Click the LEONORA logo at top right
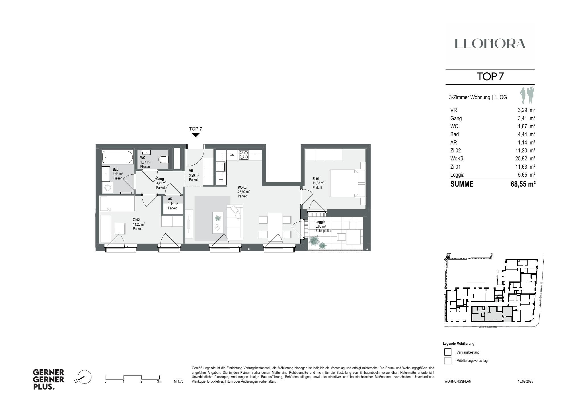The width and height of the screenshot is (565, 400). tap(490, 44)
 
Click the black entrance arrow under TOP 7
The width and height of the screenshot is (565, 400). tap(195, 135)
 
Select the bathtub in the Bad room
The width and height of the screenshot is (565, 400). tap(118, 157)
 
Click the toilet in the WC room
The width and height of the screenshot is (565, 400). tap(163, 159)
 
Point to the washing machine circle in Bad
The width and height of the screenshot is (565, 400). tap(108, 187)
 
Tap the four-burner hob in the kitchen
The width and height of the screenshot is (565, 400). tap(243, 155)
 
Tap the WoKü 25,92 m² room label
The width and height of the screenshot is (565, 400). tap(243, 192)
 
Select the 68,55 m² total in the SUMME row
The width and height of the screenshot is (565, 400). tap(523, 184)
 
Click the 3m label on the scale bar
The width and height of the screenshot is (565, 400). tap(159, 381)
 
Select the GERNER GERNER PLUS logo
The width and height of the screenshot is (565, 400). tap(49, 379)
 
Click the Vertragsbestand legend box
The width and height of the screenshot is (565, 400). tap(448, 352)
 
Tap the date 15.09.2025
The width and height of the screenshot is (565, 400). tap(525, 381)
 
